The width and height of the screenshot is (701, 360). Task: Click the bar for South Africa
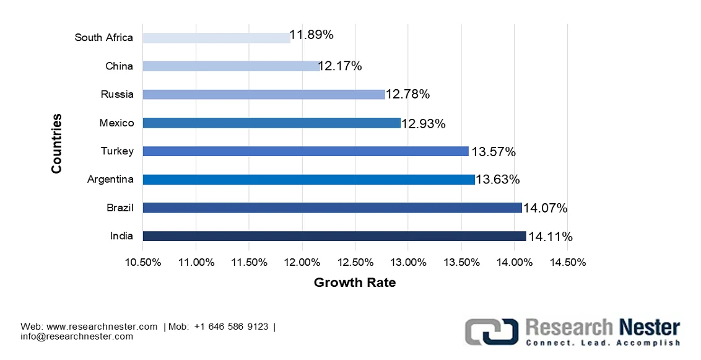tap(216, 38)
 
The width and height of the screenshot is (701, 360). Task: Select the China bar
tap(231, 66)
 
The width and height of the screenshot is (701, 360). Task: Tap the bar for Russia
tap(263, 94)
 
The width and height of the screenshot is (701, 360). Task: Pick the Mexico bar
tap(271, 123)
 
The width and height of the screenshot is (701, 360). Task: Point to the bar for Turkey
tap(305, 151)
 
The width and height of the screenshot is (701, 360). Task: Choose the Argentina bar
tap(308, 180)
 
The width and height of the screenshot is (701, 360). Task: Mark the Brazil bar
tap(332, 208)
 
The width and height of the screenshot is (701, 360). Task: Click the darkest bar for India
tap(334, 236)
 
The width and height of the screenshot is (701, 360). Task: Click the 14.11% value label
tap(550, 237)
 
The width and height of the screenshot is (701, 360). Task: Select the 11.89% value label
tap(311, 35)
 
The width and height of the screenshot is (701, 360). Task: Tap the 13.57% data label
tap(493, 152)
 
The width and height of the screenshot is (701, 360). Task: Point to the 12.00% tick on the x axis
tap(302, 262)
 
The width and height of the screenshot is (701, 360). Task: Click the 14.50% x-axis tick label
tap(567, 262)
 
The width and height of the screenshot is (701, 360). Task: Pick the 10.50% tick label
tap(142, 262)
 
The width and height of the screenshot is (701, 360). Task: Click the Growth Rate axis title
tap(354, 283)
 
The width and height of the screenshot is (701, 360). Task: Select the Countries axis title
tap(56, 143)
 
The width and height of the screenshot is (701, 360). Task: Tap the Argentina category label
tap(110, 180)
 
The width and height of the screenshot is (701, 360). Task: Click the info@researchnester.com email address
tap(77, 336)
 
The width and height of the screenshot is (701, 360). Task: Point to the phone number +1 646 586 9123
tap(230, 327)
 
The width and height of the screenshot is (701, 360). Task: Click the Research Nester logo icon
tap(492, 331)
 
